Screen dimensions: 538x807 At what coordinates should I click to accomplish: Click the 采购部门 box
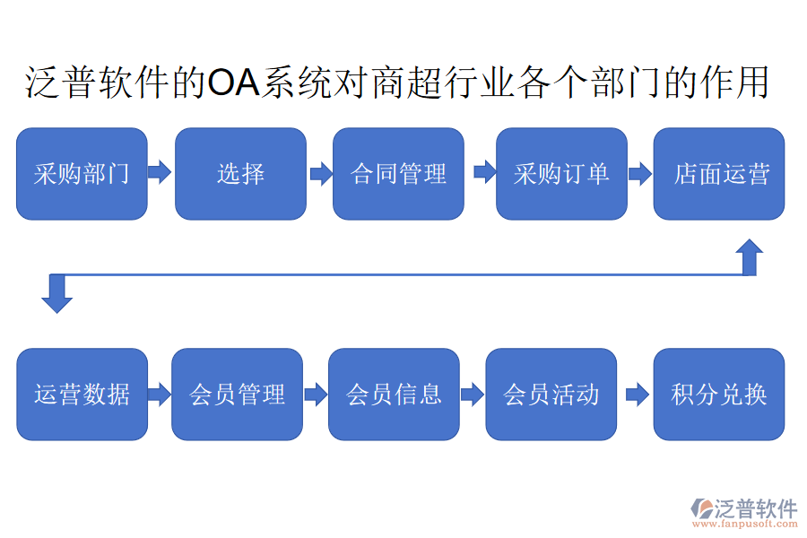(x=82, y=174)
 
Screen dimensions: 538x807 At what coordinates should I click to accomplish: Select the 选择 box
(x=240, y=174)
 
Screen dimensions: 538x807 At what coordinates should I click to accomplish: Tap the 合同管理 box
(x=398, y=174)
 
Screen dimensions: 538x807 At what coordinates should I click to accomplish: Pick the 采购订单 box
(x=561, y=174)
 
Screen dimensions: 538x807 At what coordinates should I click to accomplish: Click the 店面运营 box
(x=719, y=174)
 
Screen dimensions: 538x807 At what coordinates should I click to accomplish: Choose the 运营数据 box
(x=82, y=395)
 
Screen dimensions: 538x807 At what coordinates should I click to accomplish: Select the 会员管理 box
(x=238, y=395)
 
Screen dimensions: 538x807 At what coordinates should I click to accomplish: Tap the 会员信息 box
(x=394, y=395)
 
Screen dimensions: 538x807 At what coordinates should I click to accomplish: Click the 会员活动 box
(x=551, y=395)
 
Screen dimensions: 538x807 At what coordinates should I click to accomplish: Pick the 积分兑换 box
(x=719, y=395)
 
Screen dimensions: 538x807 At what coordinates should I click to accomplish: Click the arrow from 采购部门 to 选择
(x=160, y=172)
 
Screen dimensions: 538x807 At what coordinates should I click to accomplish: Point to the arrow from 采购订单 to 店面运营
(x=639, y=173)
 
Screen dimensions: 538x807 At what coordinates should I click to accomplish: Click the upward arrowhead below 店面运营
(x=751, y=256)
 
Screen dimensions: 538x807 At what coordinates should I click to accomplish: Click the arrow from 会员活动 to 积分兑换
(x=637, y=395)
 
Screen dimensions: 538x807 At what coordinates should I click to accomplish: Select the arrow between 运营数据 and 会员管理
(x=160, y=395)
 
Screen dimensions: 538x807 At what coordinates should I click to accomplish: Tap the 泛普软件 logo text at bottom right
(x=755, y=508)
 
